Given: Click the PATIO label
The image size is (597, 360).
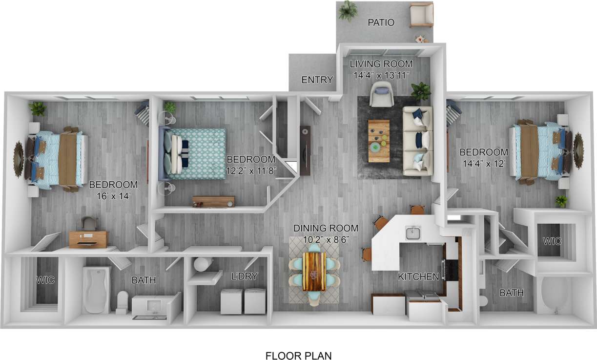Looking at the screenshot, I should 381,22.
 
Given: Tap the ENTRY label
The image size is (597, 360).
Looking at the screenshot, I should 317,80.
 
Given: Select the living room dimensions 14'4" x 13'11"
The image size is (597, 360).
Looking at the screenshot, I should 381,75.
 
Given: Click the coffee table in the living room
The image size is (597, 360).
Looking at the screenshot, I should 378,141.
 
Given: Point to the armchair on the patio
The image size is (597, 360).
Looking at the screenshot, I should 421,14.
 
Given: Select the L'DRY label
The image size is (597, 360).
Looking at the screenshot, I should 244,276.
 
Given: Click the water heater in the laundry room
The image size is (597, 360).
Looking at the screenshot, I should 201,264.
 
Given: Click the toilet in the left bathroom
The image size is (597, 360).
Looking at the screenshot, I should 122,300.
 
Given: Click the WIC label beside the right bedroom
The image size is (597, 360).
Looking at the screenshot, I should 553,241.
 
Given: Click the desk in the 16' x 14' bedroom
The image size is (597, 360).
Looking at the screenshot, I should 88,238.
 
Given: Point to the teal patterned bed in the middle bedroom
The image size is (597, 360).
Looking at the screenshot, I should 195,152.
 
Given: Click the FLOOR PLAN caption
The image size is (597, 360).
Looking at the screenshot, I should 298,356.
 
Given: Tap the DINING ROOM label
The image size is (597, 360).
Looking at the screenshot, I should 326,228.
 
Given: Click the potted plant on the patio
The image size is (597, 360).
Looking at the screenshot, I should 348,10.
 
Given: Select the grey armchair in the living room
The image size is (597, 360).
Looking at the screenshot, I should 382,94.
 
